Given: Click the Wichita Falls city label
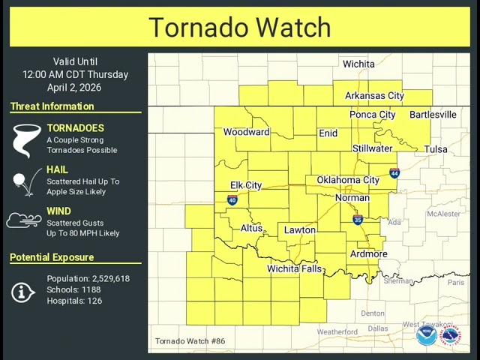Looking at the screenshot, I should coord(295,268).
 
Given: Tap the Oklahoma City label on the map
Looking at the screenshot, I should coord(348,180).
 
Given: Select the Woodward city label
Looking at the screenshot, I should coord(246,132).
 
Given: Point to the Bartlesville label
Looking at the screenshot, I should coord(433,115).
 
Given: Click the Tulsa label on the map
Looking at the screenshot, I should coord(436,149).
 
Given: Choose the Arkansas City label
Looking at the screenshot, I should coord(374,95).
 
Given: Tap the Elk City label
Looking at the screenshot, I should coord(246,185).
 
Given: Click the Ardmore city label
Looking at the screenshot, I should coord(369,253).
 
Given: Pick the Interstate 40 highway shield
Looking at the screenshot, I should coord(232,200).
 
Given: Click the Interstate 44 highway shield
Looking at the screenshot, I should coord(394,173).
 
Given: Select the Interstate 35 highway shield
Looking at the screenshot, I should coord(358,220).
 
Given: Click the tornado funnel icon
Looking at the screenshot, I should coord(26,140).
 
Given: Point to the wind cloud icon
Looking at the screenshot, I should coord(24,220).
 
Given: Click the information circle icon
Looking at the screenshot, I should coord(23,292).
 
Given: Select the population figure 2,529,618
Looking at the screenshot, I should coord(100,278).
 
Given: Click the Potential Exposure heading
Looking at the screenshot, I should coord(52,257).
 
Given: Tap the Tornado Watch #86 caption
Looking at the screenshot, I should coord(190,341).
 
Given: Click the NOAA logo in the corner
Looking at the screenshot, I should coord(427,334).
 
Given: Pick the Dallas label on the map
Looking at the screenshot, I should coord(378,328).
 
